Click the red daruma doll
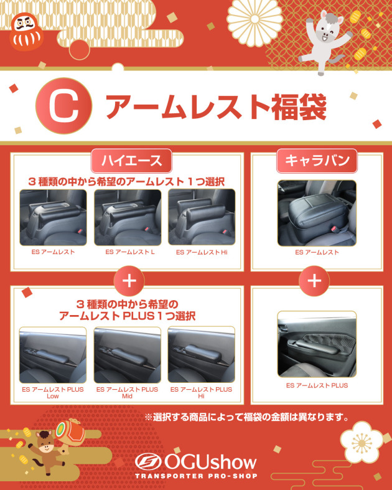pos(26,32)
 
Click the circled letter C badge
pos(63,106)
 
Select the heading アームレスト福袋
pos(216,107)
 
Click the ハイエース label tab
pos(131,161)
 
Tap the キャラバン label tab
pos(317,161)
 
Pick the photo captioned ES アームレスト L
pos(128,217)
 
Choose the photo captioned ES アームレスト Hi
pos(202,217)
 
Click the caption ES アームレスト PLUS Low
pos(53,393)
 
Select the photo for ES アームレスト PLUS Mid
pos(128,355)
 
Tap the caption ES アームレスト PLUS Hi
pos(201,393)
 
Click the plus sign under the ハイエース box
pos(129,281)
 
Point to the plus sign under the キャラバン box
pos(314,281)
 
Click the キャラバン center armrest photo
pos(317,213)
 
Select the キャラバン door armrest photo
pos(317,344)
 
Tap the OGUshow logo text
pos(196,462)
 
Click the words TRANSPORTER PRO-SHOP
pos(196,476)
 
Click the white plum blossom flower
pos(362,443)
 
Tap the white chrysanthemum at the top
pos(254,20)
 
